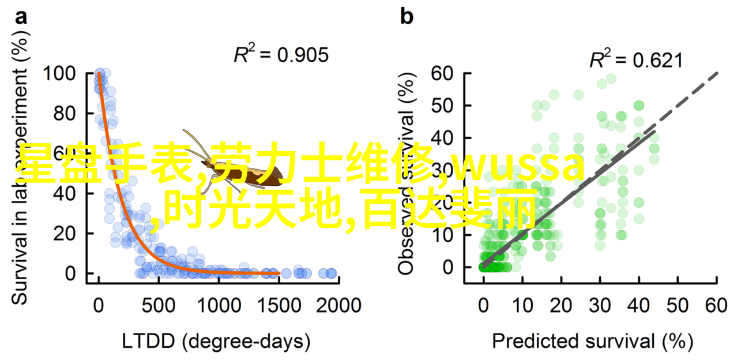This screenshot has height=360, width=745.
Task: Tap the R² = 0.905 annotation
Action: pyautogui.click(x=281, y=55)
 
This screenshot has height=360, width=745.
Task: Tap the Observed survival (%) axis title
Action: pyautogui.click(x=407, y=172)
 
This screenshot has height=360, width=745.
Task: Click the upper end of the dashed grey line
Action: pyautogui.click(x=717, y=73)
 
